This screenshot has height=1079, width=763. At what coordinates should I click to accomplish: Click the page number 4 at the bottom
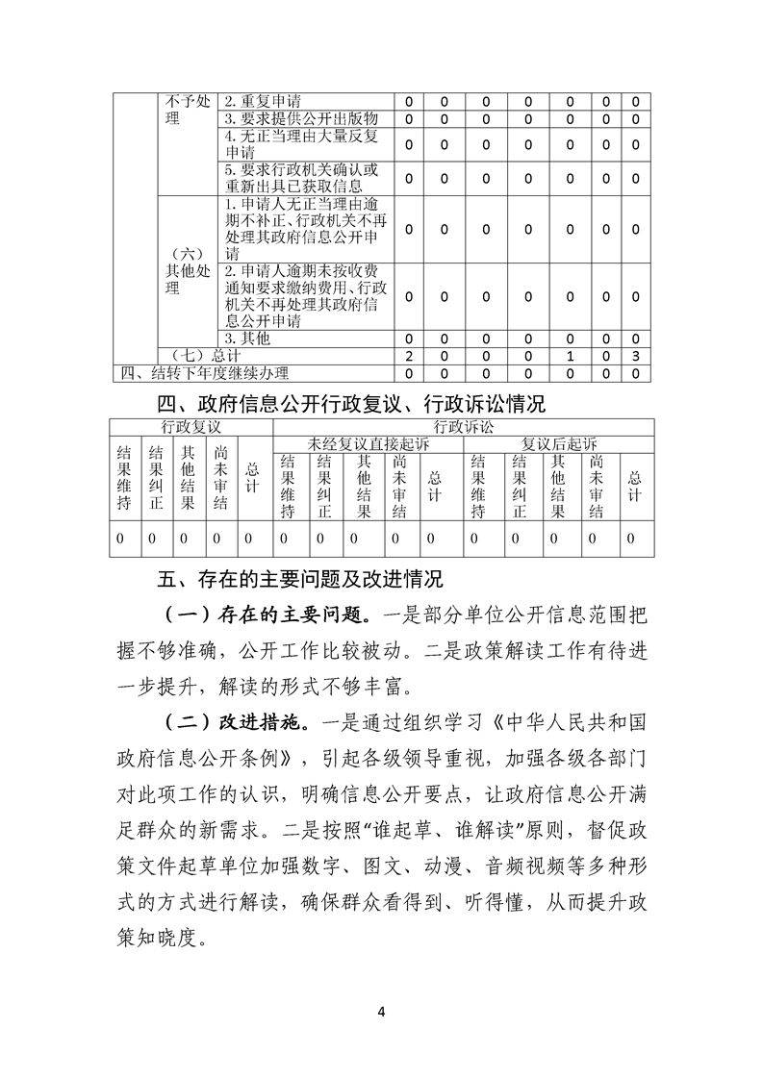pos(382,1012)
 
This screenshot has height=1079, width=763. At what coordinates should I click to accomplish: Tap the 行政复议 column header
pos(191,426)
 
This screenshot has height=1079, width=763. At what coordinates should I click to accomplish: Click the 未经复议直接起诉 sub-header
pos(368,443)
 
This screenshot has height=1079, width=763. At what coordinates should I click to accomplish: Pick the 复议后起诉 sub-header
pos(559,443)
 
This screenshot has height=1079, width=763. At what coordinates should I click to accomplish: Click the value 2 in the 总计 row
pos(409,356)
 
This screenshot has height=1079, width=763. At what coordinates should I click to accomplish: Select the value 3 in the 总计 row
pos(635,356)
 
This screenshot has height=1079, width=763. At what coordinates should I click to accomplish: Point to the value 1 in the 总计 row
pos(572,356)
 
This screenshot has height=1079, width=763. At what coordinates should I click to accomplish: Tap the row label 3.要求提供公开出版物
pos(289,118)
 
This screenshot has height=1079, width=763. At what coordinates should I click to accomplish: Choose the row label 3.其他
pos(247,339)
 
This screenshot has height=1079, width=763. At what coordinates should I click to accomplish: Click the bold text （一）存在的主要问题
pos(266,614)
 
